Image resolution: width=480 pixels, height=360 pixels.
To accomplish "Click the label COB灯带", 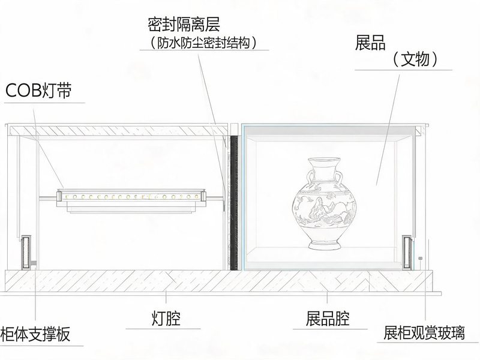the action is tap(38, 91).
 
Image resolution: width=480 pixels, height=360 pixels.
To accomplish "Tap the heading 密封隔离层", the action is tap(184, 24).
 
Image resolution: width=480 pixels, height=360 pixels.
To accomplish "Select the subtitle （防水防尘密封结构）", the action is tap(203, 43).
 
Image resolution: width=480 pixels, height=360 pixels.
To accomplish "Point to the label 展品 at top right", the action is tap(370, 42).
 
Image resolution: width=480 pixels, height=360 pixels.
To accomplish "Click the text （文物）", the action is tap(415, 59).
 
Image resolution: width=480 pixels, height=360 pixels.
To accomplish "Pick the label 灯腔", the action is tap(166, 319).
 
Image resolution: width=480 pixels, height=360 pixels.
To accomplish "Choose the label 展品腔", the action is tap(328, 319).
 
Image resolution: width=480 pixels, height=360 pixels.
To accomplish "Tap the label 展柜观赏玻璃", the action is tap(424, 333).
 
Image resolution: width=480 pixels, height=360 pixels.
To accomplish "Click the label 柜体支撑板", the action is tap(35, 334).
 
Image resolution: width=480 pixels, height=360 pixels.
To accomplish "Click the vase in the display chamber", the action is tap(325, 203).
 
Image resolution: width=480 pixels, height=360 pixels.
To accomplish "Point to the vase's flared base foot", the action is tap(325, 244).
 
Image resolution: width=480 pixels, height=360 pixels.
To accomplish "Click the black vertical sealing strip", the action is tap(234, 203).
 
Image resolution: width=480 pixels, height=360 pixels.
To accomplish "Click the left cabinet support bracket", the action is tap(26, 252).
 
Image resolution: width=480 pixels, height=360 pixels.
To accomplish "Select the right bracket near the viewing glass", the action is tap(407, 253).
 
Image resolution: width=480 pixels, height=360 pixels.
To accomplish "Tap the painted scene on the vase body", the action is tap(325, 211).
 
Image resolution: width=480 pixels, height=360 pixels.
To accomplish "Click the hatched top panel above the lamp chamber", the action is tap(118, 130).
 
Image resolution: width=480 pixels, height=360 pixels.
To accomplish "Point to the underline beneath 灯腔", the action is tap(163, 329).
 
